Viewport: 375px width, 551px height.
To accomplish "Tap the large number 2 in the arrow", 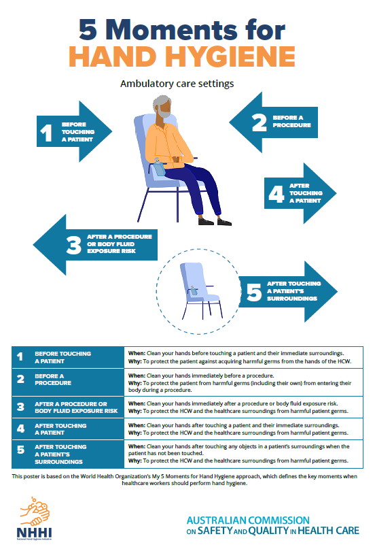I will pyautogui.click(x=259, y=122).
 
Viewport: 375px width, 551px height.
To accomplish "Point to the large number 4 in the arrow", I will pyautogui.click(x=276, y=194).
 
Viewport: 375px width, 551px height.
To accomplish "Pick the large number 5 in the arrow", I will pyautogui.click(x=253, y=293).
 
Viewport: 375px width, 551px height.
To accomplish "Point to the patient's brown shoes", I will pyautogui.click(x=214, y=220).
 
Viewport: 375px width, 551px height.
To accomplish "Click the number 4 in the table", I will pyautogui.click(x=20, y=429).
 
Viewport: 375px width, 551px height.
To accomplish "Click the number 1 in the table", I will pyautogui.click(x=20, y=357).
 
